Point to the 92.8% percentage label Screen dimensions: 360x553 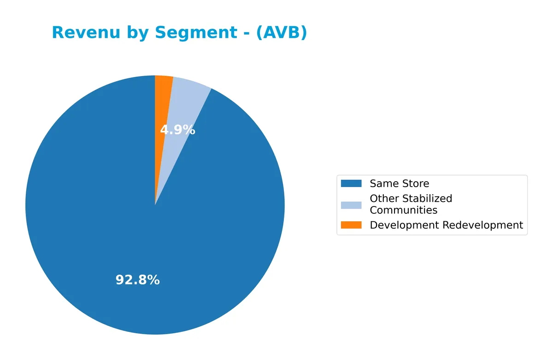(137, 280)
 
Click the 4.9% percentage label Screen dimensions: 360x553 (177, 130)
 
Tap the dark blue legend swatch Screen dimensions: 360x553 (351, 183)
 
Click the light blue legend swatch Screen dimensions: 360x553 (351, 205)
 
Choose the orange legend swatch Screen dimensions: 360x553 (351, 225)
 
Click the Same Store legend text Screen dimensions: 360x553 (399, 183)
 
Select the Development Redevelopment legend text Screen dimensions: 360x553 (446, 225)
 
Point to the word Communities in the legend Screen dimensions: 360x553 (403, 210)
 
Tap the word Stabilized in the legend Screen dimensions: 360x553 (427, 199)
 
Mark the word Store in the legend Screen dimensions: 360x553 (416, 183)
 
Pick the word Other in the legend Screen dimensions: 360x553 (384, 199)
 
